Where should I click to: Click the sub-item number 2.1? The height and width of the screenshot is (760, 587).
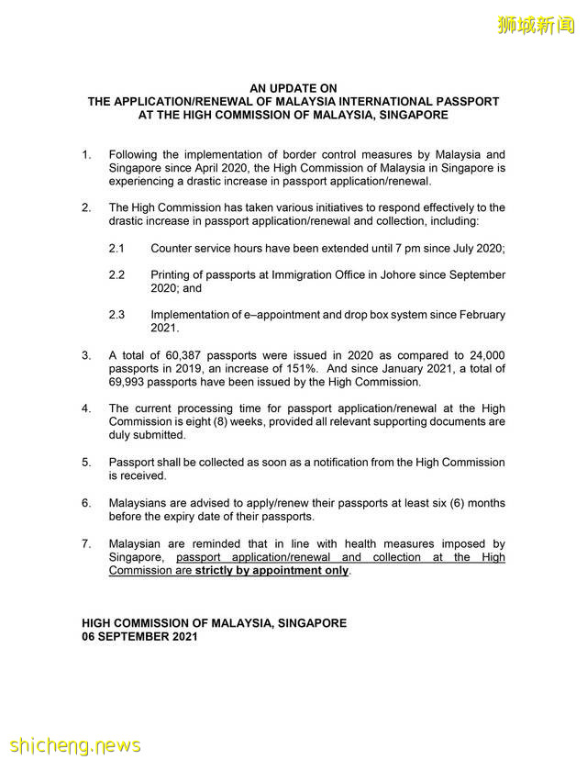116,249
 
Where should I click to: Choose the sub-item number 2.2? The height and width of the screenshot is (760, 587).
116,275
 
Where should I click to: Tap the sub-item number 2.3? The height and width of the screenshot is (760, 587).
116,315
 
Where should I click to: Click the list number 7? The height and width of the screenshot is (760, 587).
86,544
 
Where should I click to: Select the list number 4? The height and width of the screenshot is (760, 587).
86,408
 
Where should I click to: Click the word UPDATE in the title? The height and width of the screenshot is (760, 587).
293,89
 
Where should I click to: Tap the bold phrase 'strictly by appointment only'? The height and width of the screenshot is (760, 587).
271,571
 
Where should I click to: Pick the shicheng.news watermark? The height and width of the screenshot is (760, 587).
73,744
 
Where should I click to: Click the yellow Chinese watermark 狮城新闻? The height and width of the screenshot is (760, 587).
537,26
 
